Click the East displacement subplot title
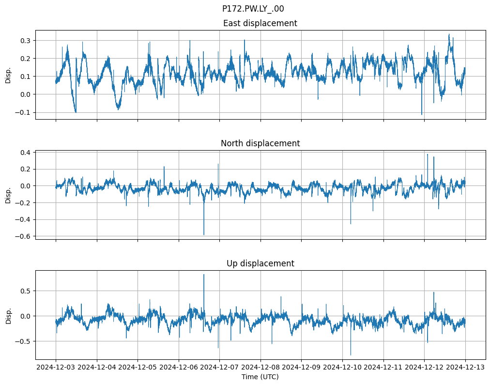coord(260,23)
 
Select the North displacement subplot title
coord(260,143)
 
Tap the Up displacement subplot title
coord(260,263)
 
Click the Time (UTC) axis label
coord(260,377)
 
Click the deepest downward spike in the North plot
coord(204,235)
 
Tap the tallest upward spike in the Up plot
coord(204,275)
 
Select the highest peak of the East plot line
coord(449,34)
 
